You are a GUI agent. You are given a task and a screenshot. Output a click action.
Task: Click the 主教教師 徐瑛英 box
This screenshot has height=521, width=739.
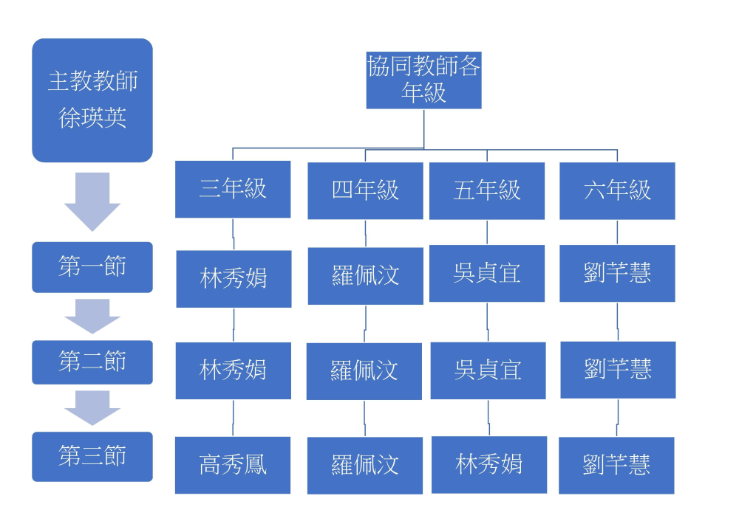(92, 100)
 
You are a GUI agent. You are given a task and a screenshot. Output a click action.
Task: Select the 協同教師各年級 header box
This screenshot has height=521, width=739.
(423, 80)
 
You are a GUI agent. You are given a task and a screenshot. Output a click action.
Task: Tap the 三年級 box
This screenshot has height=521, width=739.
(233, 190)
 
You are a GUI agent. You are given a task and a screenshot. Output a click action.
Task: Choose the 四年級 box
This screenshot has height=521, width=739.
(365, 190)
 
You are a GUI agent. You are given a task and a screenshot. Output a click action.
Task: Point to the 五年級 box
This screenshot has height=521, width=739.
(487, 190)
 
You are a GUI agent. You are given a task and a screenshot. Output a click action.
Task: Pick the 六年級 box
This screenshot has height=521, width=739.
(617, 190)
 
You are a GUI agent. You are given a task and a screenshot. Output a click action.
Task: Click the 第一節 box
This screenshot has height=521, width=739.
(92, 267)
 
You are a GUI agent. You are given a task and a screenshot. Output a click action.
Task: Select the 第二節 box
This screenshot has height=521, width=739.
(92, 362)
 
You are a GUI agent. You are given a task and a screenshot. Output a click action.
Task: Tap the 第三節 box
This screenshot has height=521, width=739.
(92, 456)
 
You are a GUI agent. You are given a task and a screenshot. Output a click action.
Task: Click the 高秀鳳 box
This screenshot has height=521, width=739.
(233, 465)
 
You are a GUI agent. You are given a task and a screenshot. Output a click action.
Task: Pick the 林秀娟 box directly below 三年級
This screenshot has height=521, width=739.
(234, 279)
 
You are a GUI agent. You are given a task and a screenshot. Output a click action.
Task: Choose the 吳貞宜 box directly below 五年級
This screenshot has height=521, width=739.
(487, 274)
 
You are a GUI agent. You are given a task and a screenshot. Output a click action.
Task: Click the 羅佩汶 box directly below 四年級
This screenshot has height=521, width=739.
(365, 276)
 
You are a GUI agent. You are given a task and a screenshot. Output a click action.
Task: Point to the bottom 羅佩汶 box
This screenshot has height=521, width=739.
(365, 466)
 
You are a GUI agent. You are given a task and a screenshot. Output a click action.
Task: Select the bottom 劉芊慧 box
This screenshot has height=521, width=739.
(616, 466)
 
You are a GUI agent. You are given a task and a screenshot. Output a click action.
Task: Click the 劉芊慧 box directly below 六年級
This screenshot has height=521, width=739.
(617, 274)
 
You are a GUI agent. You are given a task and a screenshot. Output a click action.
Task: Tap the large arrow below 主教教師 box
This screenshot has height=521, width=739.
(92, 201)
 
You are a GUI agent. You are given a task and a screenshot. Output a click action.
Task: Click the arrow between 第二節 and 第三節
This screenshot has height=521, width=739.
(92, 407)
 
